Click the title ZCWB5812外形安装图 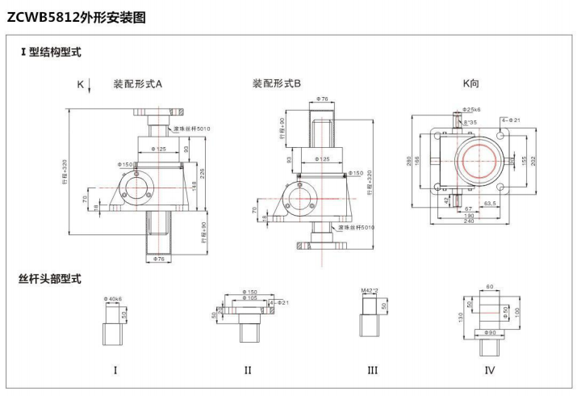76,17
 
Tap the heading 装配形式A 138,83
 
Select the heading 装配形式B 277,83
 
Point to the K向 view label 471,83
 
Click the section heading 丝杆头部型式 50,279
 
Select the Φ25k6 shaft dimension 472,109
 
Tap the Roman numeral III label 372,371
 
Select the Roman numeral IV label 489,371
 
